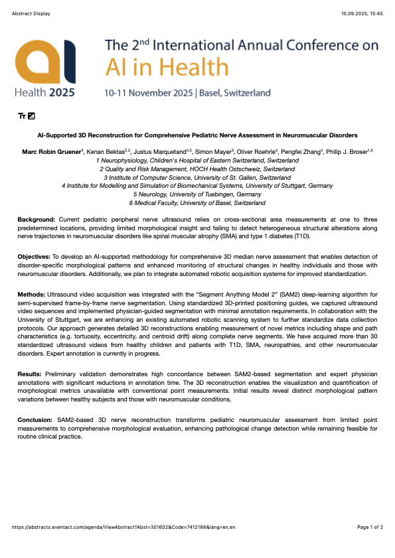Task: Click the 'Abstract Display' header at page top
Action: click(x=31, y=13)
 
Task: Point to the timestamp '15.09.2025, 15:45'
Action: click(x=362, y=13)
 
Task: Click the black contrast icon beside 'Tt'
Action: click(x=31, y=116)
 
